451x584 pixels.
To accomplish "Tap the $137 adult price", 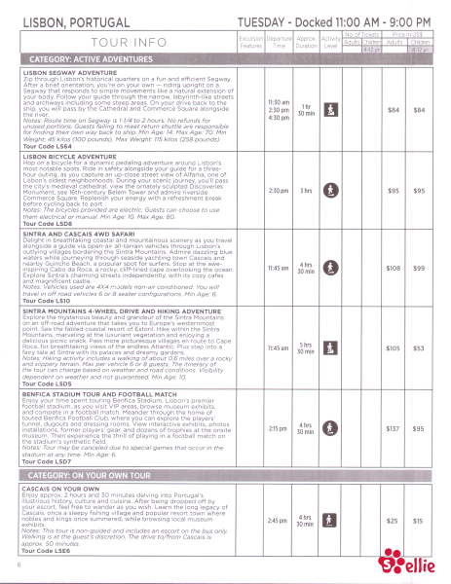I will (x=395, y=427).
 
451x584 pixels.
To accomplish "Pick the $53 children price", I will (x=420, y=347).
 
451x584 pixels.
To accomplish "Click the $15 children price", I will (x=419, y=522).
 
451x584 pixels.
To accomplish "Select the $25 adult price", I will (x=395, y=522).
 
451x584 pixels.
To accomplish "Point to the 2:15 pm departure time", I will (x=278, y=427).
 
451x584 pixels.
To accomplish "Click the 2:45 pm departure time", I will (x=278, y=520).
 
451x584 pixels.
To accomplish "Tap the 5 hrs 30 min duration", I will (x=306, y=347).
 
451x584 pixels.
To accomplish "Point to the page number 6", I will (x=19, y=563).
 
